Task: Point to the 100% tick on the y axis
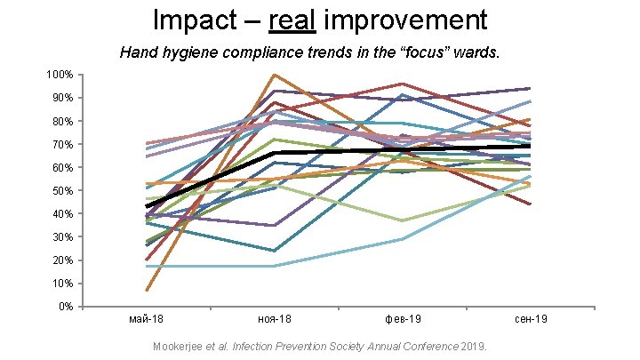(x=60, y=75)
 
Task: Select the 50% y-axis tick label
(x=62, y=190)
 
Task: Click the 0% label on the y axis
(x=65, y=307)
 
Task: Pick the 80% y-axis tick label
(x=62, y=121)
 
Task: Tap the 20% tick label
(x=62, y=260)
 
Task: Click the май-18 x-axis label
(x=147, y=318)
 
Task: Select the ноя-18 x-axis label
(x=275, y=318)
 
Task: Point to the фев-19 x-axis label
(x=403, y=318)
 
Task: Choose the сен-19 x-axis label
(x=531, y=318)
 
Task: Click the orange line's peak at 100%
(x=275, y=75)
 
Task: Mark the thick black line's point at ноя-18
(x=275, y=153)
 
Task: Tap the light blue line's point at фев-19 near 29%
(x=403, y=239)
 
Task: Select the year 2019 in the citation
(x=483, y=345)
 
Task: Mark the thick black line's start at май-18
(x=147, y=206)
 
